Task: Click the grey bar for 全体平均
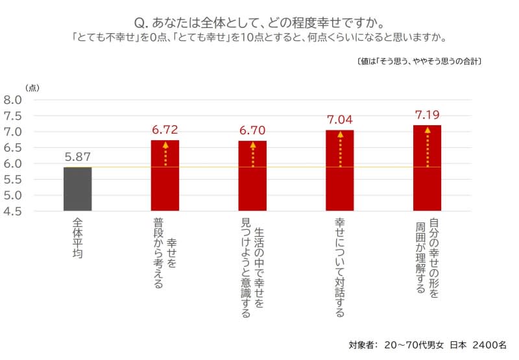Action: tap(77, 189)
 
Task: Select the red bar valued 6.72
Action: tap(165, 176)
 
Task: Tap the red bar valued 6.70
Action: tap(252, 176)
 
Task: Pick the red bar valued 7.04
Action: tap(340, 171)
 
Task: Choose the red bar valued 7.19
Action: tap(427, 168)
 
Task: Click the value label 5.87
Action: tap(77, 156)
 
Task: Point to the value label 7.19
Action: tap(427, 115)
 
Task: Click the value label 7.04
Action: tap(340, 120)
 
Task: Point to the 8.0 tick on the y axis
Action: tap(13, 100)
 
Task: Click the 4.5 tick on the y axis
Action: tap(13, 211)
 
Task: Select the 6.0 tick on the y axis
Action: tap(13, 163)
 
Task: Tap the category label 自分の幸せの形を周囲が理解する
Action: tap(427, 256)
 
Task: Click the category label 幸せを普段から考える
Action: tap(165, 254)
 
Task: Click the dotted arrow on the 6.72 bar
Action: tap(165, 154)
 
